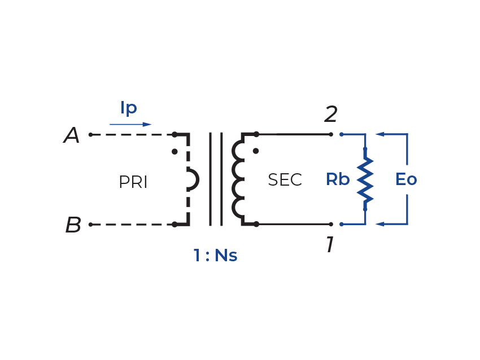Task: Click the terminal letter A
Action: pyautogui.click(x=72, y=135)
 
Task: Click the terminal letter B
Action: pyautogui.click(x=73, y=225)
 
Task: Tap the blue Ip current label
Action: pyautogui.click(x=129, y=108)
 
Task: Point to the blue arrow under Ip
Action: pyautogui.click(x=130, y=124)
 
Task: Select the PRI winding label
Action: pyautogui.click(x=133, y=182)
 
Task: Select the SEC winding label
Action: pyautogui.click(x=285, y=180)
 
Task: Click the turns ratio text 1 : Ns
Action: pyautogui.click(x=215, y=256)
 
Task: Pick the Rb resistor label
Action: pyautogui.click(x=338, y=179)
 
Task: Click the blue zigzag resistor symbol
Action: pyautogui.click(x=365, y=180)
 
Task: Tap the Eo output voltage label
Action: pyautogui.click(x=406, y=179)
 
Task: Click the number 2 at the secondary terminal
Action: pyautogui.click(x=330, y=115)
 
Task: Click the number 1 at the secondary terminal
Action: pyautogui.click(x=330, y=245)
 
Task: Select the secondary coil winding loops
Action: pyautogui.click(x=237, y=179)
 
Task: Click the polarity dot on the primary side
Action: pyautogui.click(x=174, y=151)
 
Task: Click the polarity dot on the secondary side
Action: pyautogui.click(x=256, y=151)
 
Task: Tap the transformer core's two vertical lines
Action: pyautogui.click(x=216, y=179)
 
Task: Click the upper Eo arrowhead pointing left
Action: pyautogui.click(x=380, y=134)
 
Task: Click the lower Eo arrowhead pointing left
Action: pyautogui.click(x=380, y=224)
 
